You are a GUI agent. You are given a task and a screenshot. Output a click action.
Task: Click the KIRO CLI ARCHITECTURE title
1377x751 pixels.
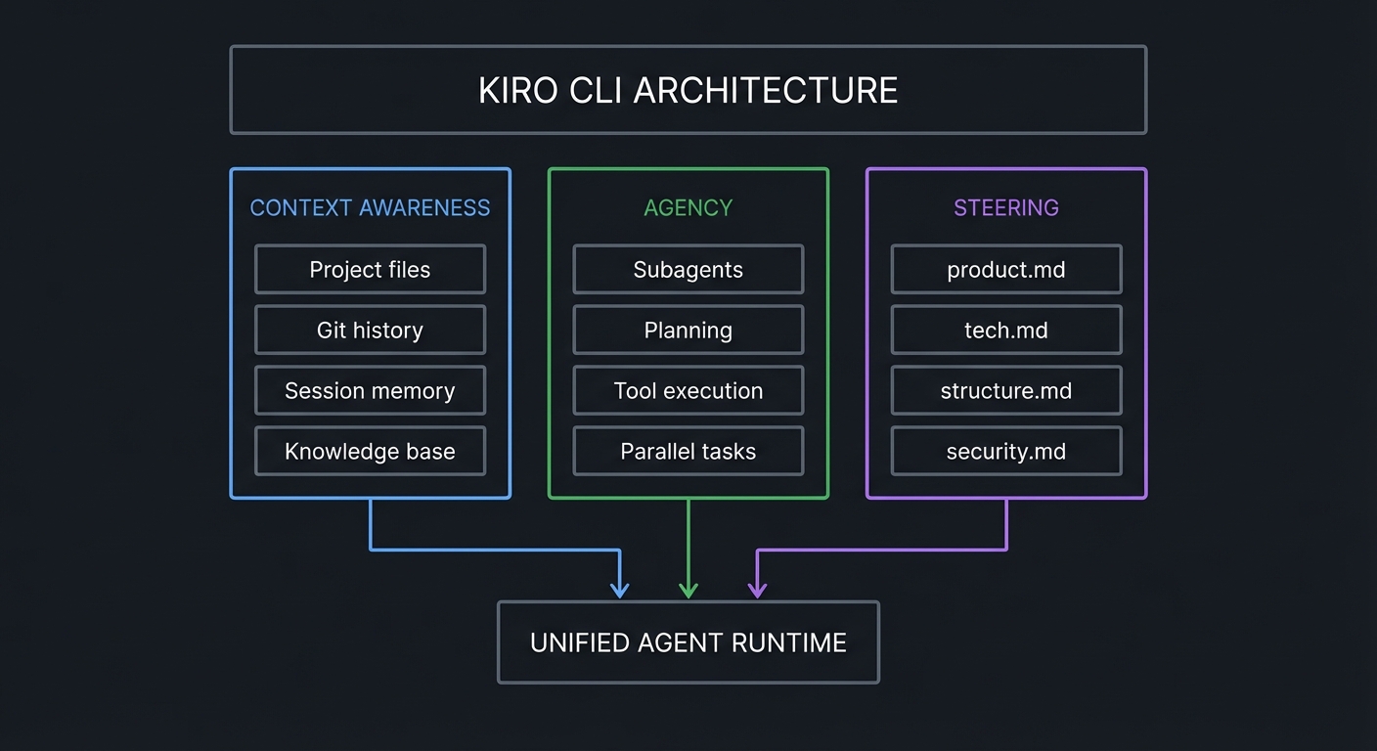[x=688, y=90]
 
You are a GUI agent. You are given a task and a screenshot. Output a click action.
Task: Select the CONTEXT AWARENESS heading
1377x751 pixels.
[x=370, y=207]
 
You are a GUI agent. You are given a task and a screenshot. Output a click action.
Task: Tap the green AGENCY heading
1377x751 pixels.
[x=688, y=207]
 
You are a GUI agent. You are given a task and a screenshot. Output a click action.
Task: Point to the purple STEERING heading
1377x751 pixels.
[x=1005, y=207]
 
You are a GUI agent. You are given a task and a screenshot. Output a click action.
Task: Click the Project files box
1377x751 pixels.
[x=370, y=270]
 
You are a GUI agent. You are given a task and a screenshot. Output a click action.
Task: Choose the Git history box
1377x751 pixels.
[x=370, y=331]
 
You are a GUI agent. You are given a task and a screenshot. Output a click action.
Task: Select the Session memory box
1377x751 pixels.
[x=370, y=391]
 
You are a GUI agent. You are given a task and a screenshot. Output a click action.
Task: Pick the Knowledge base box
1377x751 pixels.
[x=370, y=452]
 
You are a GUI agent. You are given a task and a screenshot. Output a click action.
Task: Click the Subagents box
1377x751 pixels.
[x=688, y=270]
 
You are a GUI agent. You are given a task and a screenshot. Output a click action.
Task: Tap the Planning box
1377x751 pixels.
[x=688, y=331]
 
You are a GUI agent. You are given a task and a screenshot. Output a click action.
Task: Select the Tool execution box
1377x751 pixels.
[x=688, y=391]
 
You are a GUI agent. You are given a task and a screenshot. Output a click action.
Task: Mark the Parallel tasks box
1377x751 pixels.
[x=688, y=452]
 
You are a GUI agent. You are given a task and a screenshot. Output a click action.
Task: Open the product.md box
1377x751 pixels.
[x=1005, y=270]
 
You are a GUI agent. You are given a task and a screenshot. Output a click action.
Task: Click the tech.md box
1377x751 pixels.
[x=1005, y=331]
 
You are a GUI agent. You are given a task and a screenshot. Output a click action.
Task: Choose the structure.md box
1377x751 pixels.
[x=1005, y=391]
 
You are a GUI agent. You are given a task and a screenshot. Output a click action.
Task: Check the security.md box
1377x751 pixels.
[x=1005, y=452]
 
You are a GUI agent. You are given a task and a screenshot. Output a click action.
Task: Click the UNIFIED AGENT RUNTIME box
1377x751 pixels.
[x=688, y=642]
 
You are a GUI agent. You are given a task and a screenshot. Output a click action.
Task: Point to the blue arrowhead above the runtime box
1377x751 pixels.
[x=619, y=590]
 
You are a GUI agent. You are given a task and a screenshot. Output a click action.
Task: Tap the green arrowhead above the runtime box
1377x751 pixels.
[x=688, y=590]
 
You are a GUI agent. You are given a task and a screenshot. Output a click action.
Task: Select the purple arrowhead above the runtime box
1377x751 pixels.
[x=757, y=590]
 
